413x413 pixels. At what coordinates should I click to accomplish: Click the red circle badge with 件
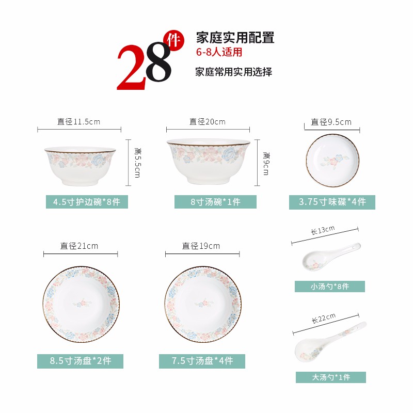coord(174,40)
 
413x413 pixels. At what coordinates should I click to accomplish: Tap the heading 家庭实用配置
coord(235,38)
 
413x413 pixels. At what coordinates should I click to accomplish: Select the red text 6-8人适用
coord(219,52)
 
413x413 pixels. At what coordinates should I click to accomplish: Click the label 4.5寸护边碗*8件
coord(87,202)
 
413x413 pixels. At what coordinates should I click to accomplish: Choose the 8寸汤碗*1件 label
coord(215,202)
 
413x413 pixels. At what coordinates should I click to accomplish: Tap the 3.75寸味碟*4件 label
coord(332,202)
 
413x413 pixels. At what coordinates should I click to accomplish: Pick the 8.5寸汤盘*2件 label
coord(81,361)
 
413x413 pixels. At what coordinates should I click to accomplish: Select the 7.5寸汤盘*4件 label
coord(202,361)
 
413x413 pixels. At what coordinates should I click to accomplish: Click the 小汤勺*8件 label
coord(330,287)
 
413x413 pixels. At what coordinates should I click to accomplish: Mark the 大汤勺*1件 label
coord(331,377)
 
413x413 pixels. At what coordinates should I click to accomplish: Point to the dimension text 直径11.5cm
coord(79,122)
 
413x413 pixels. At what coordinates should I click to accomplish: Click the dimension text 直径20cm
coord(208,122)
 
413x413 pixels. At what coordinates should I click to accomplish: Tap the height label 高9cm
coord(266,163)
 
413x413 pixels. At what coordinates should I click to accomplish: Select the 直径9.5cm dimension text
coord(331,122)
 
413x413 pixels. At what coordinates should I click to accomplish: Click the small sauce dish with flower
coord(332,161)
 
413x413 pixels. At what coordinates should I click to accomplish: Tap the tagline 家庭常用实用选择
coord(234,72)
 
